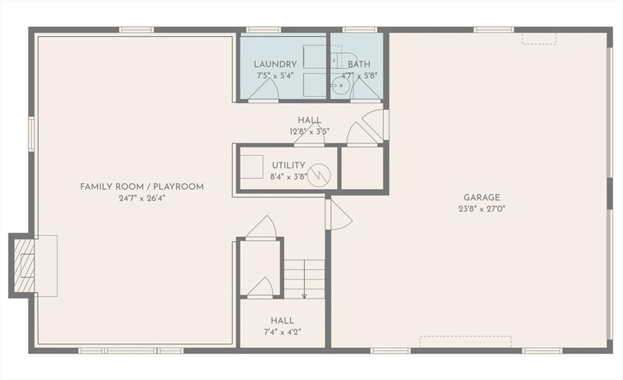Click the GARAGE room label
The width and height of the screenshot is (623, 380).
click(481, 197)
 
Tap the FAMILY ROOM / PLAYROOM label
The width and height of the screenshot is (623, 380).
click(142, 186)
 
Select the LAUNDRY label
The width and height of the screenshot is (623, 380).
click(275, 64)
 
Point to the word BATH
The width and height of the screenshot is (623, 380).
click(359, 64)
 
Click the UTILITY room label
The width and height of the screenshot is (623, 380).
click(288, 166)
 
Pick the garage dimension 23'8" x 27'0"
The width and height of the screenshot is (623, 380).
click(481, 208)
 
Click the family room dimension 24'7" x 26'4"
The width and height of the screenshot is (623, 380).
click(142, 198)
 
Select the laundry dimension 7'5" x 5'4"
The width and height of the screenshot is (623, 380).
click(275, 76)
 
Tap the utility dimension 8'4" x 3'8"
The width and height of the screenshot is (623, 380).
click(288, 177)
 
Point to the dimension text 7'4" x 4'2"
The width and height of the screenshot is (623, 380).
click(282, 332)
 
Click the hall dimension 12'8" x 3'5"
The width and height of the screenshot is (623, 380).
click(310, 131)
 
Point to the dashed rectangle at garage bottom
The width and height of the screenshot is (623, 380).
click(465, 342)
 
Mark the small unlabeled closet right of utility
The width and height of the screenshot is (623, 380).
click(362, 167)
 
